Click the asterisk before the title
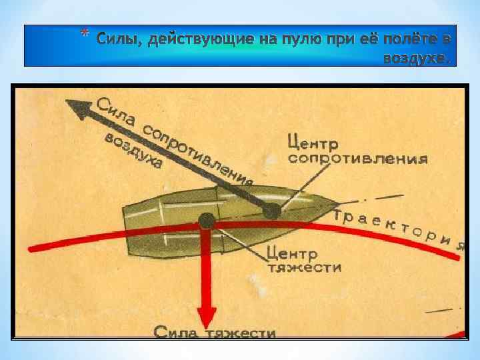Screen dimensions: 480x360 tap(83, 35)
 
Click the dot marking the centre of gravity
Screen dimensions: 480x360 tap(207, 221)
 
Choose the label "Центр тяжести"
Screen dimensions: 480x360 tap(303, 261)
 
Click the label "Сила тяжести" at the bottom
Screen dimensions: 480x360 tap(215, 331)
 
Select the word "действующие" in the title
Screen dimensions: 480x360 tap(200, 39)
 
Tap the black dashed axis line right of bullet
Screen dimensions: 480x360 tap(380, 198)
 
